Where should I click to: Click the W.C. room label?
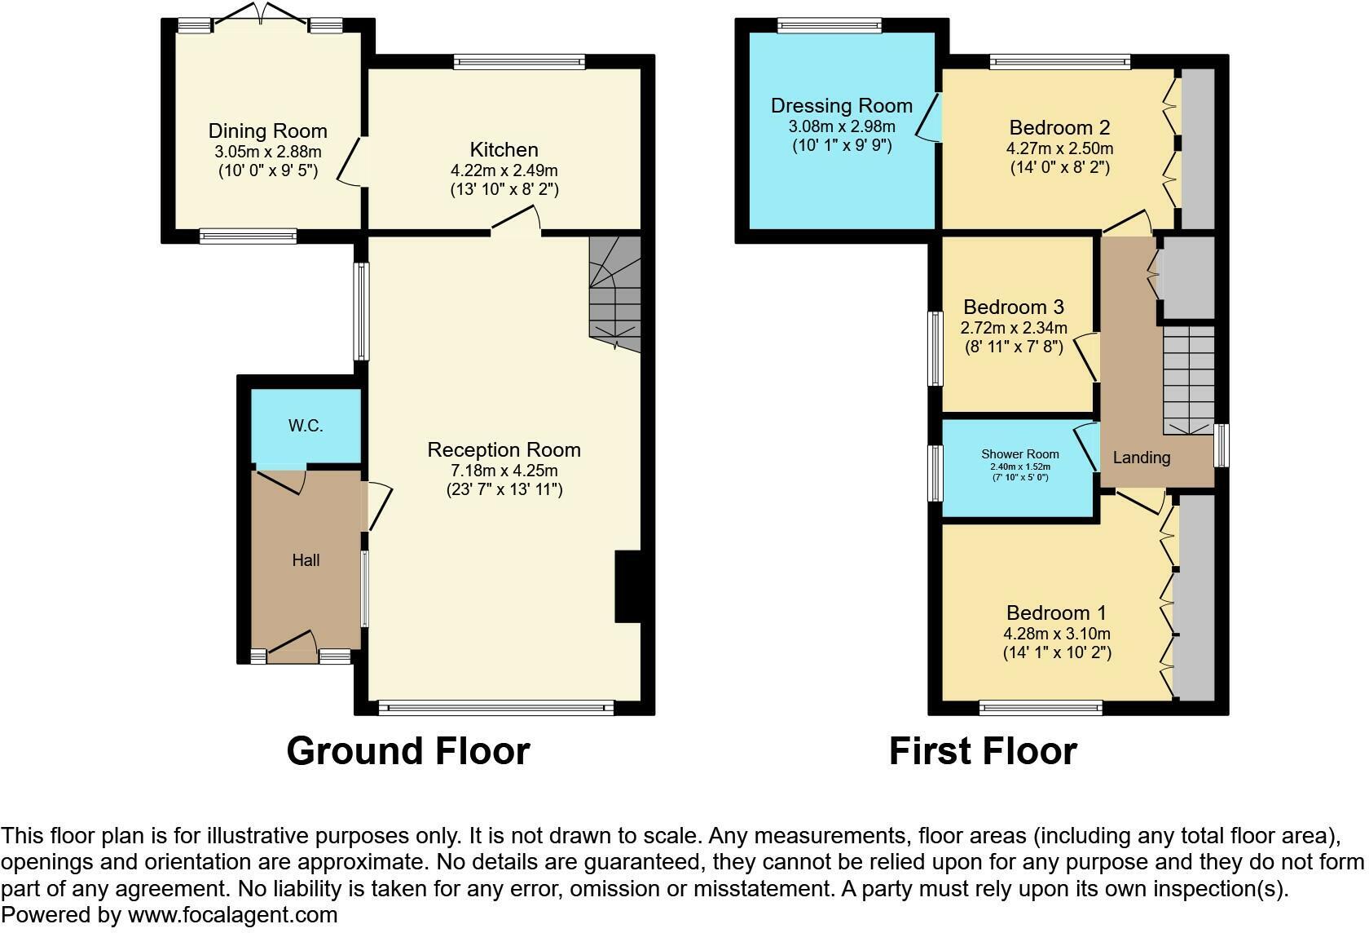point(306,426)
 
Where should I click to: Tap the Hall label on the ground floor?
point(306,559)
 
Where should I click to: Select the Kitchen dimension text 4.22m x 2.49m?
point(504,170)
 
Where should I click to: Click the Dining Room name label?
point(267,131)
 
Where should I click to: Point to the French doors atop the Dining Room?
point(261,15)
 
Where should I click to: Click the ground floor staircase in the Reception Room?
point(614,294)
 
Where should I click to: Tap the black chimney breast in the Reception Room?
point(627,586)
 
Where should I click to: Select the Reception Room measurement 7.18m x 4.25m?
point(504,471)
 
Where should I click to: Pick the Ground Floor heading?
point(408,750)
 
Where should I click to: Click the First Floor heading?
point(983,750)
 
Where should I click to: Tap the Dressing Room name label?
point(842,106)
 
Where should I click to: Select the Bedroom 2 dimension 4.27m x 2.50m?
point(1059,148)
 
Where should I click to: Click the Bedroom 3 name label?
point(1014,307)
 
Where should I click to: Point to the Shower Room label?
point(1020,454)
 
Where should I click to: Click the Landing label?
point(1141,458)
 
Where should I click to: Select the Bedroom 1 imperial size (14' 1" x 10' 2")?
point(1057,652)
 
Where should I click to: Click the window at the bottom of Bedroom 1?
point(1041,708)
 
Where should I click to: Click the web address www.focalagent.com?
point(232,915)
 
